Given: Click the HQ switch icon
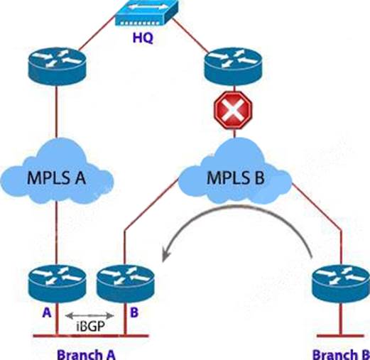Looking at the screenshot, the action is coord(146,12).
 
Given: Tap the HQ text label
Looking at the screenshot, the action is coord(143,38).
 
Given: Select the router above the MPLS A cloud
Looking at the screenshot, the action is coord(57,66).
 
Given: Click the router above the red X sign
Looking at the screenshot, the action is coord(233,66).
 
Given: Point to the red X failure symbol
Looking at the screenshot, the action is coord(233,110).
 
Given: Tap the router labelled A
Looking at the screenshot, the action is coord(57,283).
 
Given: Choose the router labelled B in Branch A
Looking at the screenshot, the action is coord(126,284).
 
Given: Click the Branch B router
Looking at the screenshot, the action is coord(341,284).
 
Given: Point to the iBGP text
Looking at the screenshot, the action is coord(90,326).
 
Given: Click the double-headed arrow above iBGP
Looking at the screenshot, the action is coord(89,315).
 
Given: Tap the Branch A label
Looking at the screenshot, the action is coord(86,354).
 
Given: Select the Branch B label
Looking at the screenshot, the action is coord(341,354).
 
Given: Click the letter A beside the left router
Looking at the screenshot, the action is coord(47,312).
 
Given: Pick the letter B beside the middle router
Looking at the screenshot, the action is coord(134,312).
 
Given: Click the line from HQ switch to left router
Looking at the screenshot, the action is coord(97,33).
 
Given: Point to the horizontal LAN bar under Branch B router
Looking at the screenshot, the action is coord(340,336).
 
